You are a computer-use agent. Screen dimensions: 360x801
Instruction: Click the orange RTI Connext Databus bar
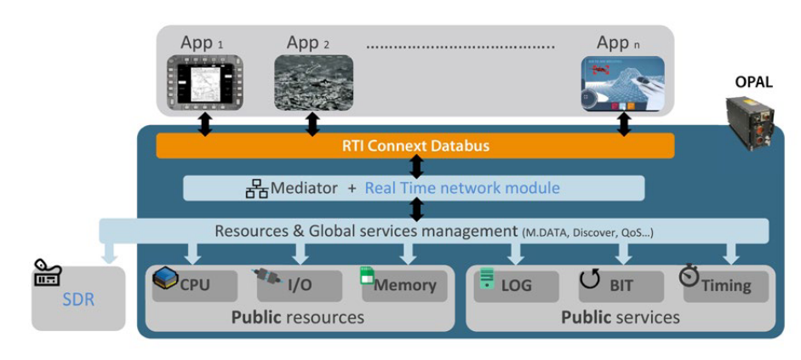point(415,146)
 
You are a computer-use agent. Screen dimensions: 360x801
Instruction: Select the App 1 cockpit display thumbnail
point(205,83)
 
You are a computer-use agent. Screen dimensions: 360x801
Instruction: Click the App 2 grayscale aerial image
point(313,83)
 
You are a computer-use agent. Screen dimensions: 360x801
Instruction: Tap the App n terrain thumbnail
point(622,83)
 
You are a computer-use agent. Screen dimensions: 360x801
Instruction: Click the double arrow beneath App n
point(624,124)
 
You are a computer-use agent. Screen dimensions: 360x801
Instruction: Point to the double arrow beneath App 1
point(205,124)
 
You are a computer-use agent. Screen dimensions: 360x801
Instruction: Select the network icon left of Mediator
point(256,189)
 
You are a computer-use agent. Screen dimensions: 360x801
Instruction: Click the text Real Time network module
point(462,188)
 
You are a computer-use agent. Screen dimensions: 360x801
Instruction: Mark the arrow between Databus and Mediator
point(416,167)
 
